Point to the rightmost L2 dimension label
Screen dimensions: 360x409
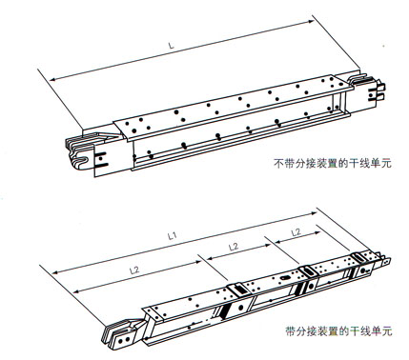click(296, 232)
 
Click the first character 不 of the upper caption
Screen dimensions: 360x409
click(276, 163)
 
